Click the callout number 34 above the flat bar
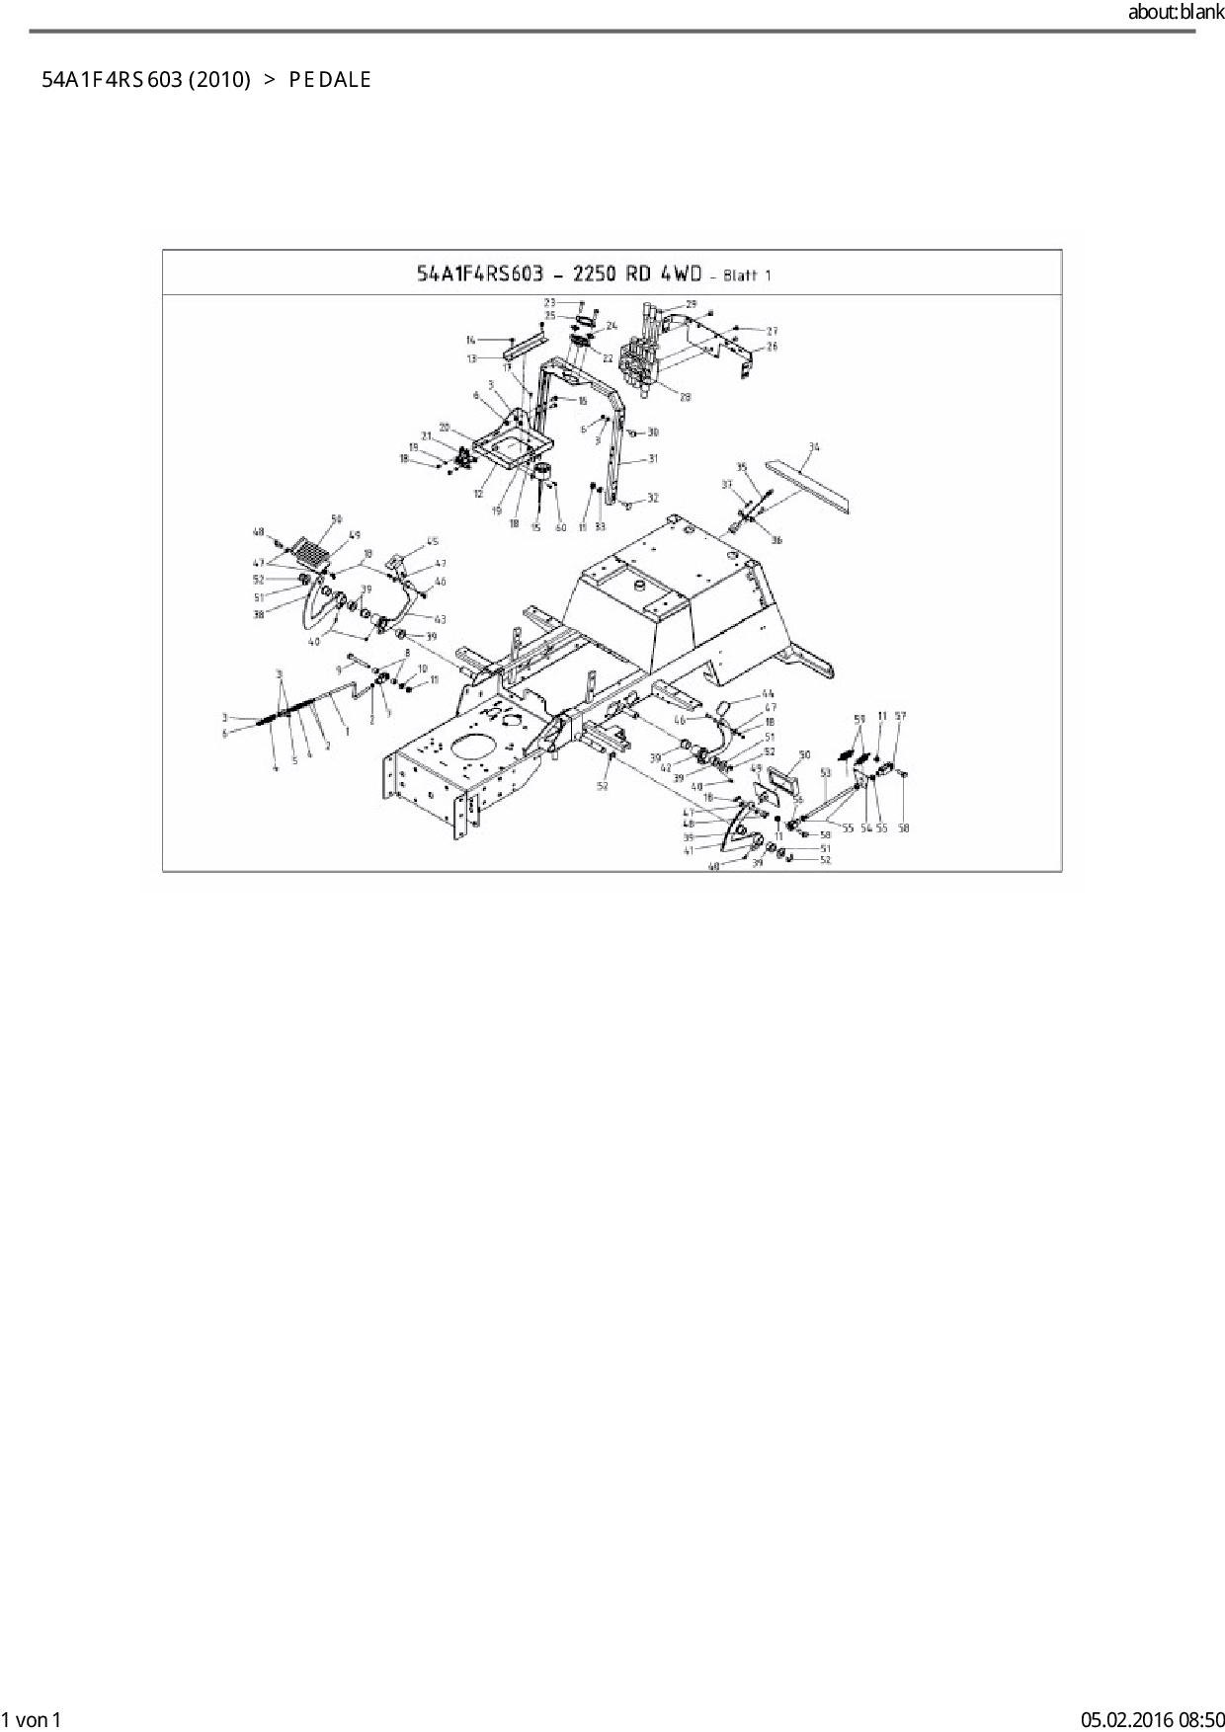[x=814, y=447]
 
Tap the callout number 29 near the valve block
[x=692, y=304]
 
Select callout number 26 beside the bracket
[x=773, y=347]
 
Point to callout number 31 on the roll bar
[x=653, y=459]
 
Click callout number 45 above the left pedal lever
[x=433, y=541]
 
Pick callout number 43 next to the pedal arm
[x=440, y=620]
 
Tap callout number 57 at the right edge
[x=900, y=716]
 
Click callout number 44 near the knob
[x=769, y=694]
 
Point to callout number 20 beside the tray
[x=445, y=428]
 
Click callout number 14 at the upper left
[x=471, y=341]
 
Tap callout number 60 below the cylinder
[x=561, y=527]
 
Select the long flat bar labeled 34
[x=810, y=486]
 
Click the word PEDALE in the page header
[x=330, y=80]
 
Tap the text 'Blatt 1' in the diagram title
[x=747, y=276]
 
